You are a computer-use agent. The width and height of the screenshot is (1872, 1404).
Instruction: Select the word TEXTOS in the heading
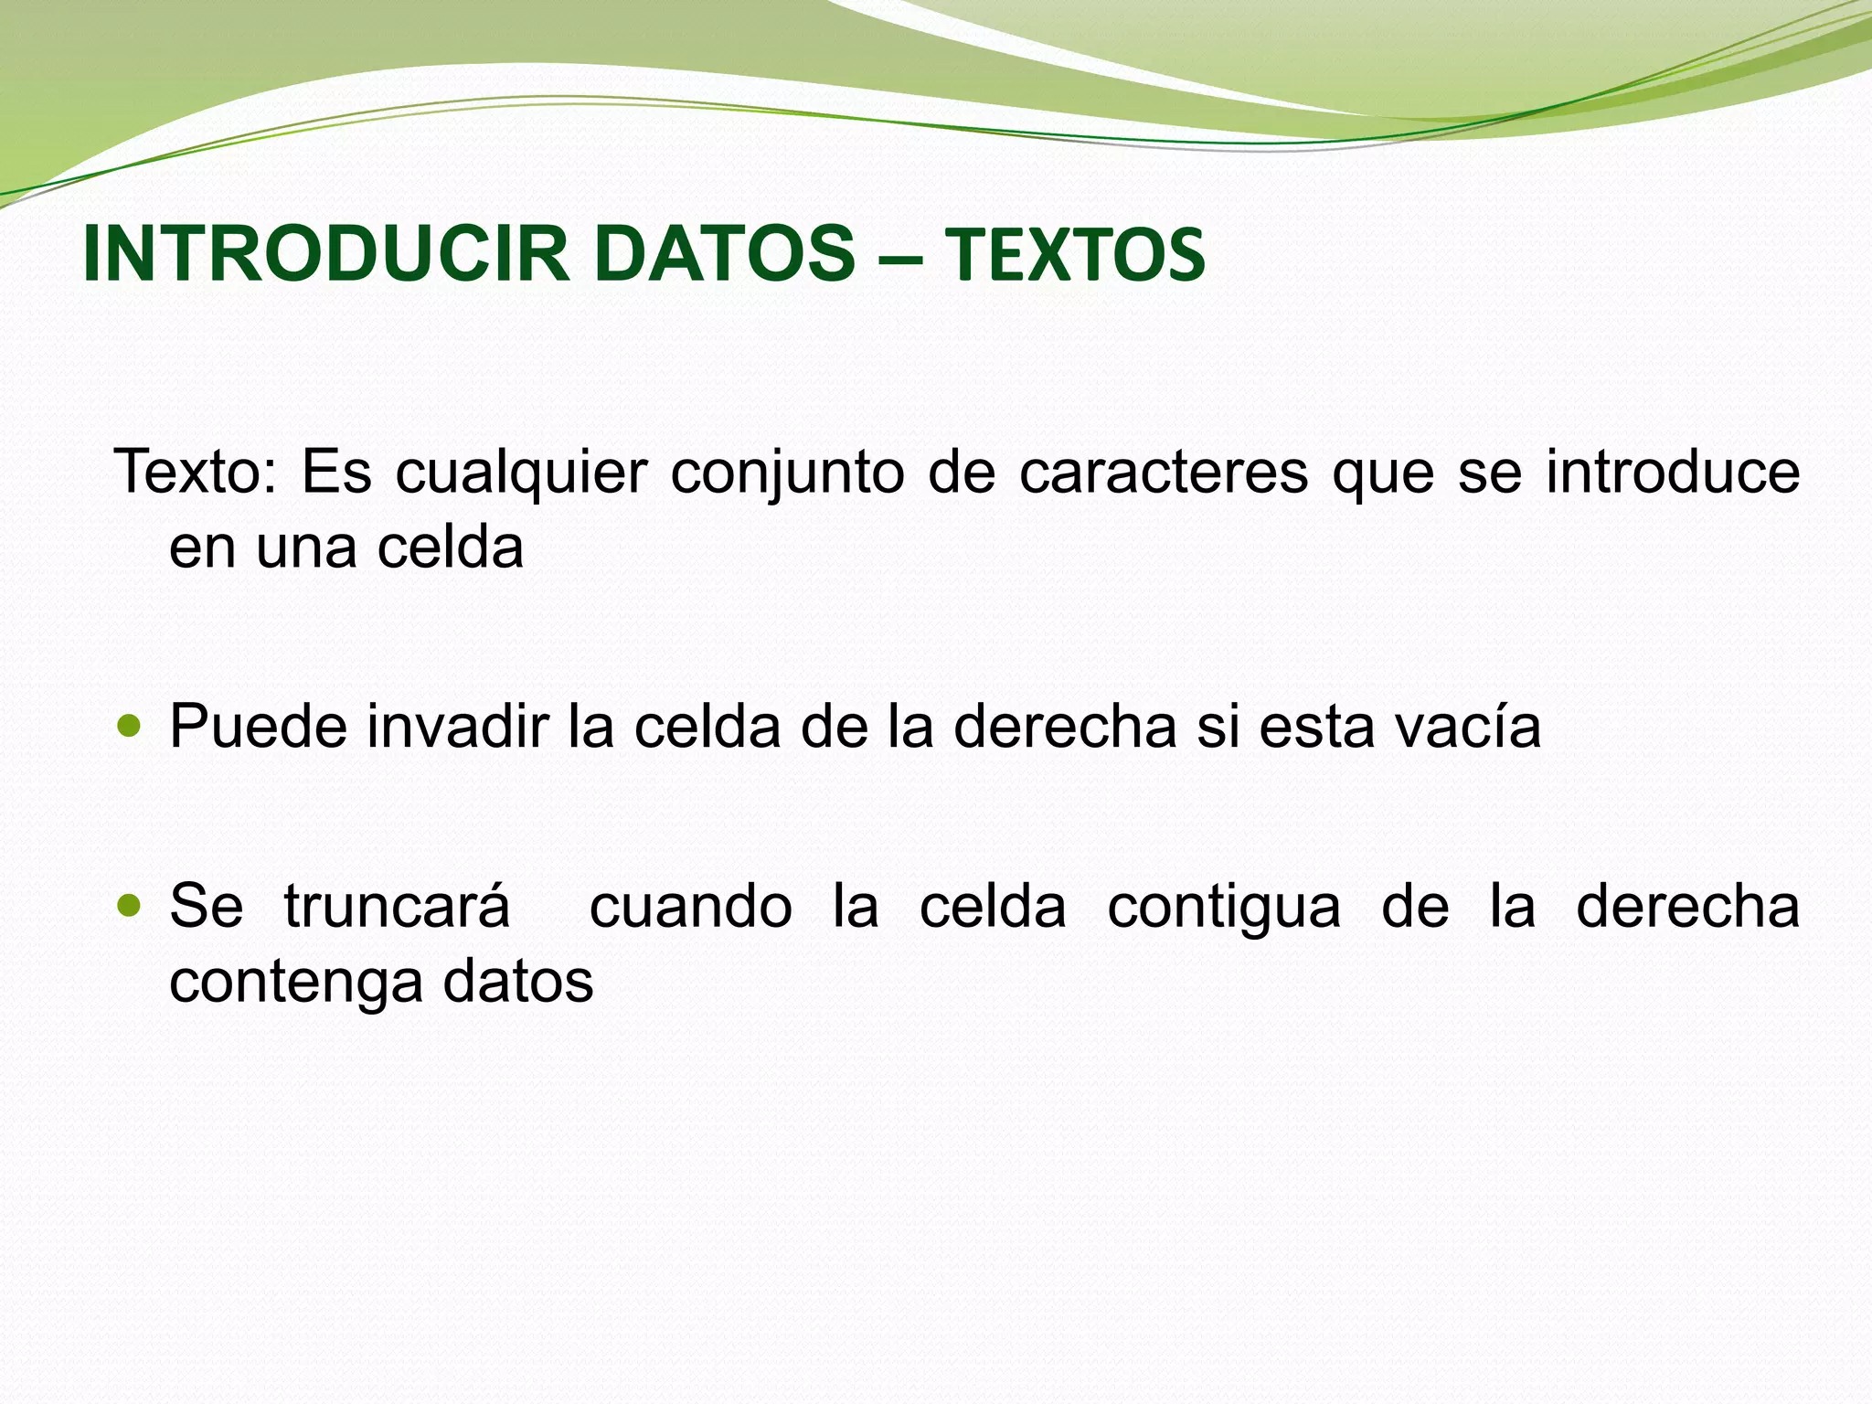pos(1074,256)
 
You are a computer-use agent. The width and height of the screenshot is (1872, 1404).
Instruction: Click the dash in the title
pos(900,259)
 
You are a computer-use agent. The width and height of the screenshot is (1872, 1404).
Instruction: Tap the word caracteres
pos(1163,473)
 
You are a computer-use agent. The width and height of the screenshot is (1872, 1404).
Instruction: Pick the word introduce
pos(1673,473)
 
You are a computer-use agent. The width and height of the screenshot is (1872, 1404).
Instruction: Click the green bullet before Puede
pos(131,728)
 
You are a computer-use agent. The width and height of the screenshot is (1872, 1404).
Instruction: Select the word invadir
pos(457,728)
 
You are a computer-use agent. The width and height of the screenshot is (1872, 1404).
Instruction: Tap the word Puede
pos(259,728)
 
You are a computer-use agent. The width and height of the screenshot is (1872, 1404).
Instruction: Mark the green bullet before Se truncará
pos(131,907)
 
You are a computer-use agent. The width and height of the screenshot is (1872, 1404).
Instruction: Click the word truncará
pos(397,908)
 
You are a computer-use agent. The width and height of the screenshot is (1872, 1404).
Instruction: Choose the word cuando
pos(690,908)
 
